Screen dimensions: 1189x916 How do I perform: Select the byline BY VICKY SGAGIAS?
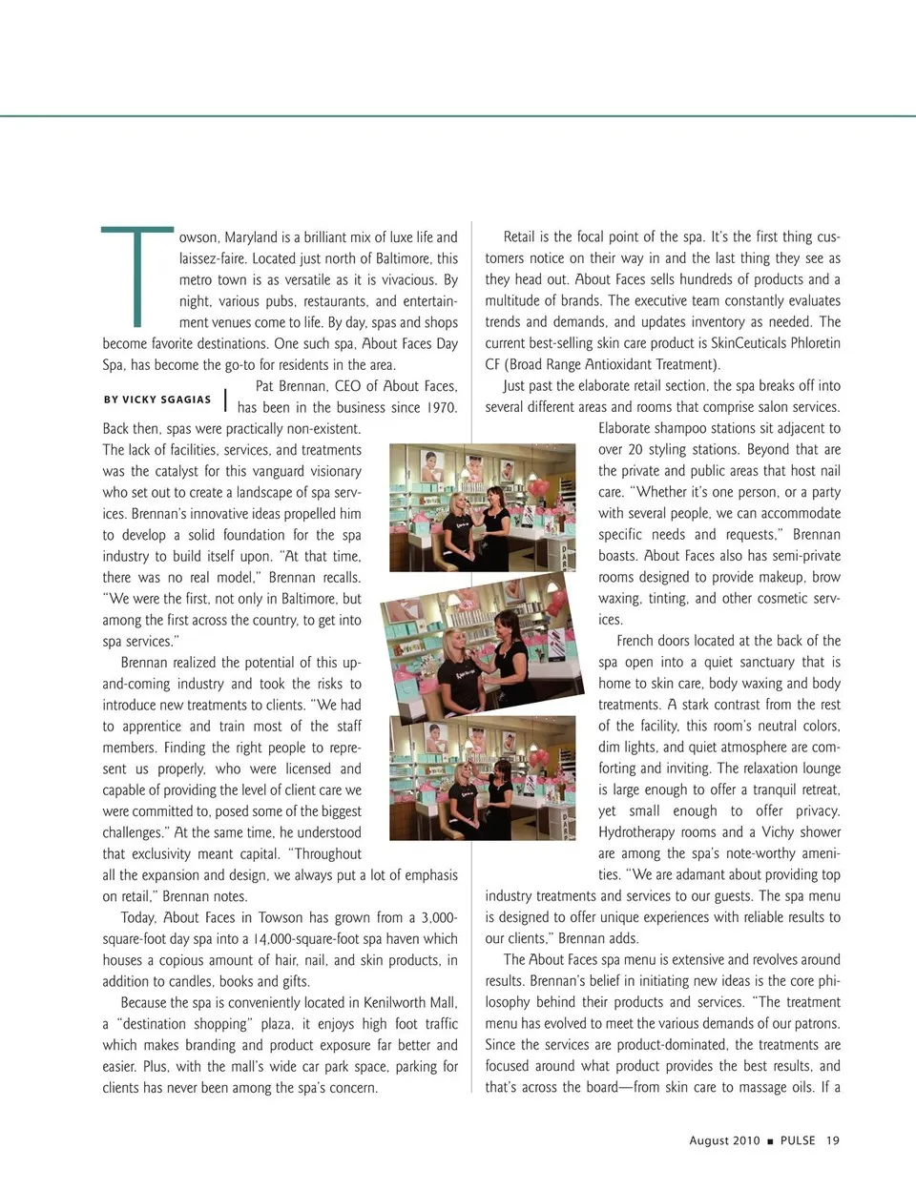click(x=157, y=400)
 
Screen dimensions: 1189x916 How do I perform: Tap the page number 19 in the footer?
click(x=833, y=1140)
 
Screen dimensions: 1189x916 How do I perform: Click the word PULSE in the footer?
click(x=798, y=1140)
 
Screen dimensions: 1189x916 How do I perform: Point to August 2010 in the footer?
click(x=724, y=1140)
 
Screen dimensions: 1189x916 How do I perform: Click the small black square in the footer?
click(x=770, y=1141)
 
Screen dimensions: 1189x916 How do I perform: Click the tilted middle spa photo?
click(x=478, y=642)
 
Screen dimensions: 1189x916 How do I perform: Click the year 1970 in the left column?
click(x=439, y=408)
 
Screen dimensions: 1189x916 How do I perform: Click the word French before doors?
click(x=638, y=641)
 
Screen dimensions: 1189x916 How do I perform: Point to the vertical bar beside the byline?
click(x=225, y=400)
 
